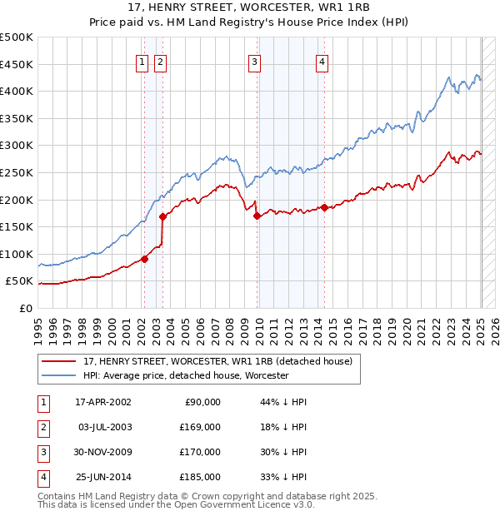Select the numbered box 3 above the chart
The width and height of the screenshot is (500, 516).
[x=254, y=60]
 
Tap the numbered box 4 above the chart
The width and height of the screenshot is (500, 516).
[x=322, y=60]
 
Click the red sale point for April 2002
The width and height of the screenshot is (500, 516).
[x=144, y=259]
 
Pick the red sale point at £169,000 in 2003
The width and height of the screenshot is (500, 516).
[x=162, y=216]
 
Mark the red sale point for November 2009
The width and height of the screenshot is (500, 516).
[x=257, y=216]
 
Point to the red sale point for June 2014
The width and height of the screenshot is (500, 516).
[x=324, y=207]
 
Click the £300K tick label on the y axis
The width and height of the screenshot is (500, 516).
[x=17, y=146]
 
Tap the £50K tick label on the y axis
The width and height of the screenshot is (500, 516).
[x=20, y=281]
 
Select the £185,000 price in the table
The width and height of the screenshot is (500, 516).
[x=201, y=477]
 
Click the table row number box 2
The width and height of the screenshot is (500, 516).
[x=42, y=427]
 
